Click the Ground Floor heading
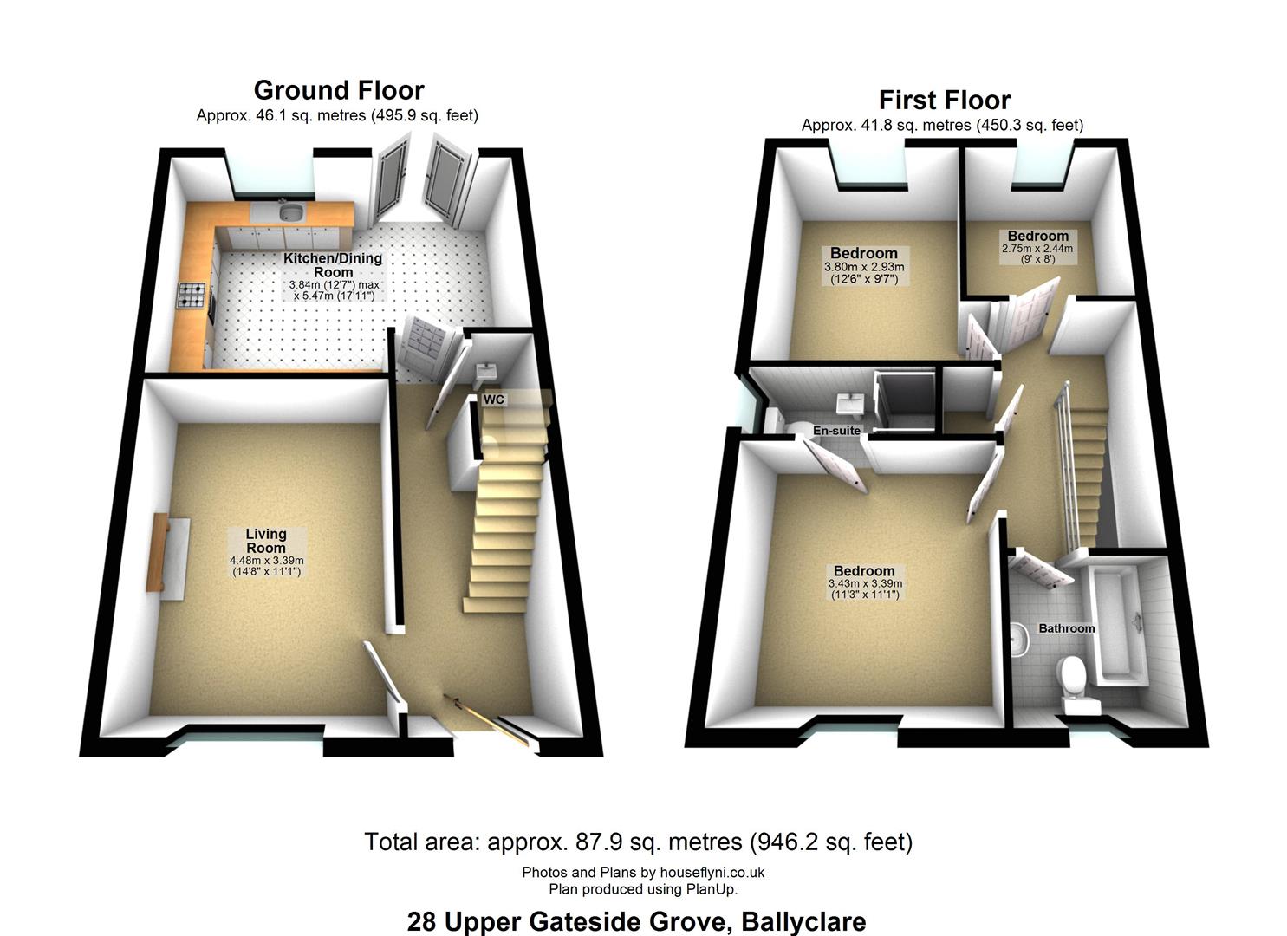[339, 91]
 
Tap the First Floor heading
[945, 101]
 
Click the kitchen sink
[292, 212]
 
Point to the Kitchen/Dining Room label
[333, 265]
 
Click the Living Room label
[266, 541]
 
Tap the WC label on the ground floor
[493, 400]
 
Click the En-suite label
[836, 431]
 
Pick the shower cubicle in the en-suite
[906, 400]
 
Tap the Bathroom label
[1066, 628]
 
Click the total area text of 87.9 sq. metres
[639, 842]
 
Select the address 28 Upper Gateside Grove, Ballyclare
[637, 921]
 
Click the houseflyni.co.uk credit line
[643, 872]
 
